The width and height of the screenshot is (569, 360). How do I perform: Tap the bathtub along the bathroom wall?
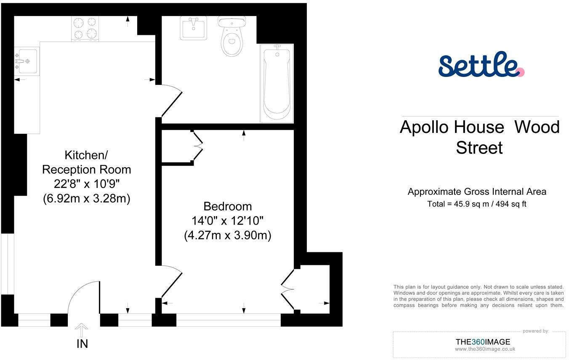[277, 83]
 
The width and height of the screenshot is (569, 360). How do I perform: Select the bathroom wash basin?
[193, 28]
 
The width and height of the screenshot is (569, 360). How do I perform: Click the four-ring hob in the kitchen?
[85, 29]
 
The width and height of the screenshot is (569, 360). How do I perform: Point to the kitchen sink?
[27, 61]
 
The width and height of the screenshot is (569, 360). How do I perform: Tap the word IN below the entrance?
[82, 344]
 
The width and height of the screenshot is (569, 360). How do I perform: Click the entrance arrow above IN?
[81, 330]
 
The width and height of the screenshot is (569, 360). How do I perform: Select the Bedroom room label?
[228, 206]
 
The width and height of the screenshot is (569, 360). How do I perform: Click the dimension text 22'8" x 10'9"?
[87, 184]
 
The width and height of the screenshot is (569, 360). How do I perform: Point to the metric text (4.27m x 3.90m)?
[228, 236]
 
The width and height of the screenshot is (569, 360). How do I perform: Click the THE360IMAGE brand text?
[483, 342]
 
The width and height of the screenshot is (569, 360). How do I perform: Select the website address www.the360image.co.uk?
[485, 349]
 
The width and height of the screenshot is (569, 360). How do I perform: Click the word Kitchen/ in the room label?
[86, 155]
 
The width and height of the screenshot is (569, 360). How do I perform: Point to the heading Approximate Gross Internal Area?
[477, 192]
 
